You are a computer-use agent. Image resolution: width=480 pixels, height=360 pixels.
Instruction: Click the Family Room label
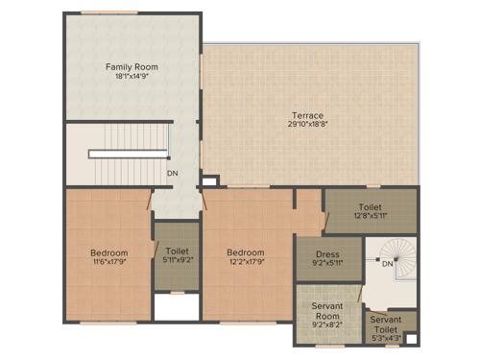(132, 67)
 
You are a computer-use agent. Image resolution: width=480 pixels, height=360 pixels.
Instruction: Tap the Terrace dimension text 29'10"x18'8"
(307, 124)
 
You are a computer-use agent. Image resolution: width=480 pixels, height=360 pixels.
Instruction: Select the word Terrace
(307, 115)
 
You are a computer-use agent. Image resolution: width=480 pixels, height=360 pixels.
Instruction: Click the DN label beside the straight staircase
(172, 174)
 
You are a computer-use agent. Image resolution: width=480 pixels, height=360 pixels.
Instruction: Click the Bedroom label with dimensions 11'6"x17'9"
(108, 252)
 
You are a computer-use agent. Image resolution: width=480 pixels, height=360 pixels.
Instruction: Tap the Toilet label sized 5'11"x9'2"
(177, 252)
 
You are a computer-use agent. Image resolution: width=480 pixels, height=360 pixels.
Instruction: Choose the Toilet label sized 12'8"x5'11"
(370, 206)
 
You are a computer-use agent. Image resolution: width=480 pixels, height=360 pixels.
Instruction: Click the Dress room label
(327, 254)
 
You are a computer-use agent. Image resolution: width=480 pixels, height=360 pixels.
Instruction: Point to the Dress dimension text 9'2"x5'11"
(327, 263)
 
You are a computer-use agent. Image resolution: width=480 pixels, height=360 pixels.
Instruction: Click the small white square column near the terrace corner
(208, 180)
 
